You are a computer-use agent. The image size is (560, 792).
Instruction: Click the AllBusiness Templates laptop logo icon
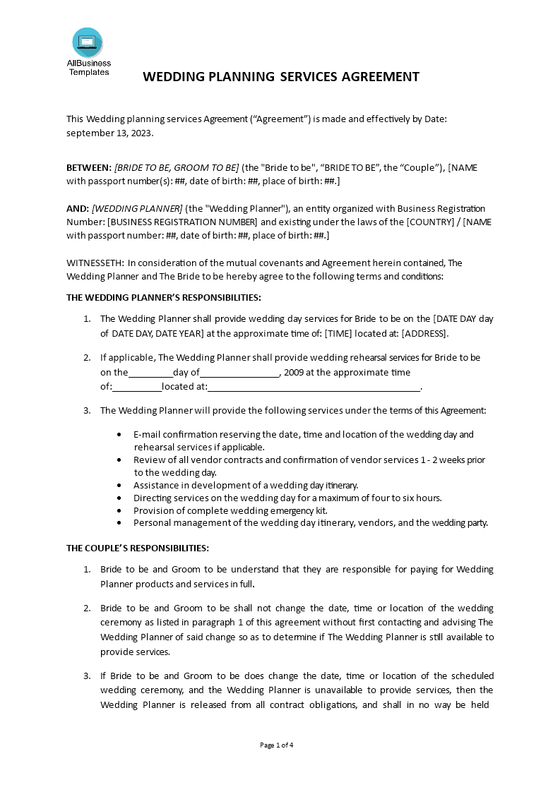(x=88, y=42)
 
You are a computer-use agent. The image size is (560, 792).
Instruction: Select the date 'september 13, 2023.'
(x=109, y=132)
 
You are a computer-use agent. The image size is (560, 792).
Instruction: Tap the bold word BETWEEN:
(x=89, y=168)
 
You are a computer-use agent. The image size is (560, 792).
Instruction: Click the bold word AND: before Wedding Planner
(x=78, y=208)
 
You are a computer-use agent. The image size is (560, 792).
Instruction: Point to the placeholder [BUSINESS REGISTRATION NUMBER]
(x=183, y=222)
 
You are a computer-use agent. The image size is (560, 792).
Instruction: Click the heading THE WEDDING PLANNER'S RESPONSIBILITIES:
(x=164, y=297)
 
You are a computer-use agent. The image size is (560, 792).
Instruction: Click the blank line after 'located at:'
(x=314, y=387)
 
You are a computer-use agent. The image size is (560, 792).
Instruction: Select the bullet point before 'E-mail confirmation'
(x=118, y=435)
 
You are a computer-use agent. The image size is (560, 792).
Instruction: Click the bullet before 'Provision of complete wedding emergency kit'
(x=118, y=510)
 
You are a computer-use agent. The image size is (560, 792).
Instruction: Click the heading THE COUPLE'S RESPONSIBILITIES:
(x=138, y=548)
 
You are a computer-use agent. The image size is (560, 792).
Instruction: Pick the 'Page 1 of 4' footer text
(x=277, y=745)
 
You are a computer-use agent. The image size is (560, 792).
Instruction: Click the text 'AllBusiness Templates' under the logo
(x=89, y=68)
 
